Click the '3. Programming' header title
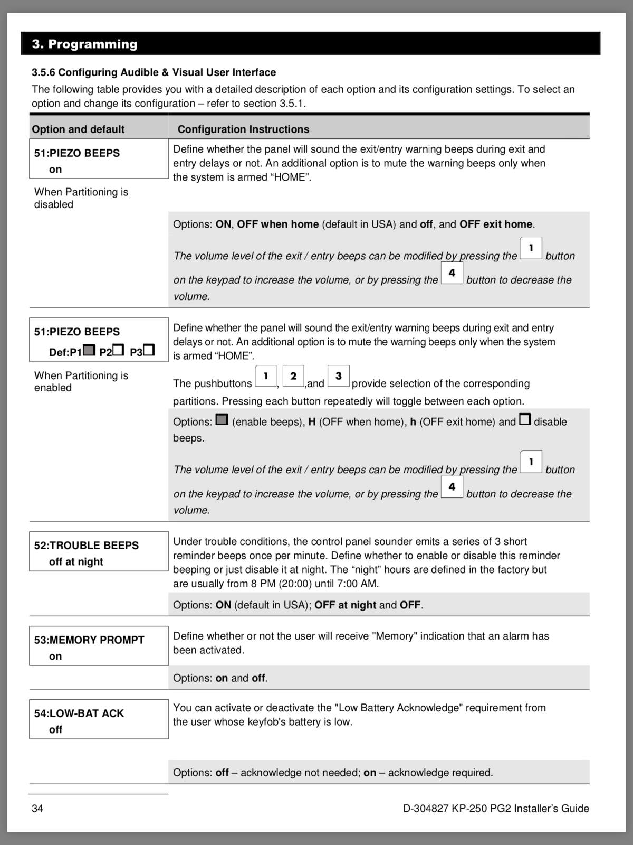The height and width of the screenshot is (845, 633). (x=84, y=44)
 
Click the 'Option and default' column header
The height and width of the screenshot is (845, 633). (x=78, y=129)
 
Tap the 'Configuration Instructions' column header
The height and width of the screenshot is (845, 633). (x=243, y=129)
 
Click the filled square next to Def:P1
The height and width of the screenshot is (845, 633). (x=89, y=350)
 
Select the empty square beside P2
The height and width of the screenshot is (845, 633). (x=118, y=350)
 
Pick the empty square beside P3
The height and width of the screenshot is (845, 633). (x=149, y=350)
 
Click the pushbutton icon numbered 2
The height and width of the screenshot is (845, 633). (x=293, y=376)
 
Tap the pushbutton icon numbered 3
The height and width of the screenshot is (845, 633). (x=338, y=376)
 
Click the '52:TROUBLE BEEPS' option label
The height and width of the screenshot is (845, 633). (x=87, y=546)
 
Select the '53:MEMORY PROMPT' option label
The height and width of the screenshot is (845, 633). (x=89, y=640)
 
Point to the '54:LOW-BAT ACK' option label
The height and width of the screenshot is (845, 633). (x=79, y=713)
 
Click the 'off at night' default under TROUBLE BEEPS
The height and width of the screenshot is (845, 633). (x=76, y=562)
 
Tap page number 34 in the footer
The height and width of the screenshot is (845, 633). (x=37, y=809)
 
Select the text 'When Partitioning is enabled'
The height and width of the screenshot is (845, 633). (x=81, y=381)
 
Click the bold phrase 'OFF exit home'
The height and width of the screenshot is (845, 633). (x=496, y=224)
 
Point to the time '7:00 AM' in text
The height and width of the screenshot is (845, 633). (x=360, y=584)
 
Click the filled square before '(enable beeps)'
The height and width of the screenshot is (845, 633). (x=222, y=420)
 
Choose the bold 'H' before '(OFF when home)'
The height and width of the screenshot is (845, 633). (x=312, y=422)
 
